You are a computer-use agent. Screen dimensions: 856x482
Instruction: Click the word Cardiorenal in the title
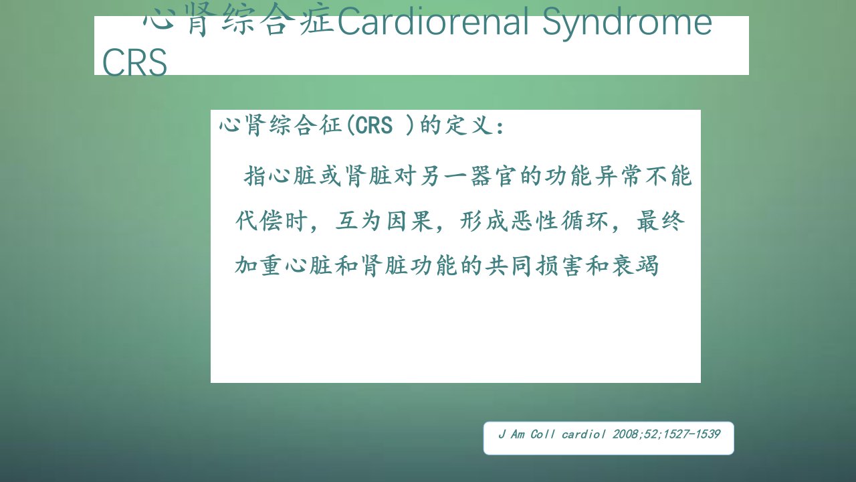(x=433, y=21)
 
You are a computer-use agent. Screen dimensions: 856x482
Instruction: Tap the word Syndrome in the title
(x=627, y=23)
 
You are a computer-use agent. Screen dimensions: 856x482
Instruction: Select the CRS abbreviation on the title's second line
(x=134, y=62)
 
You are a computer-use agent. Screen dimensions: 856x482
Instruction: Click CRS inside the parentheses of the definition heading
(x=374, y=125)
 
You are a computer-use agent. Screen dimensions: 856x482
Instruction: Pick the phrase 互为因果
(x=384, y=221)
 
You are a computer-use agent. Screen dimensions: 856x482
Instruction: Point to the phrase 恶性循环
(x=560, y=221)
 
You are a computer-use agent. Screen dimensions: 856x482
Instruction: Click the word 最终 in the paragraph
(x=660, y=221)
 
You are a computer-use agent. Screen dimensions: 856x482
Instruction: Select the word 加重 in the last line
(x=258, y=265)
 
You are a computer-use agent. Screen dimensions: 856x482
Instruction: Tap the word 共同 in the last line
(x=508, y=265)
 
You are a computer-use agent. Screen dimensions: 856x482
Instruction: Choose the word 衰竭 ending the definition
(x=635, y=265)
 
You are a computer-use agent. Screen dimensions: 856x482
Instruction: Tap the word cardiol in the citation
(x=583, y=434)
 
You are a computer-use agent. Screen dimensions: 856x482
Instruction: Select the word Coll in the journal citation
(x=542, y=434)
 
